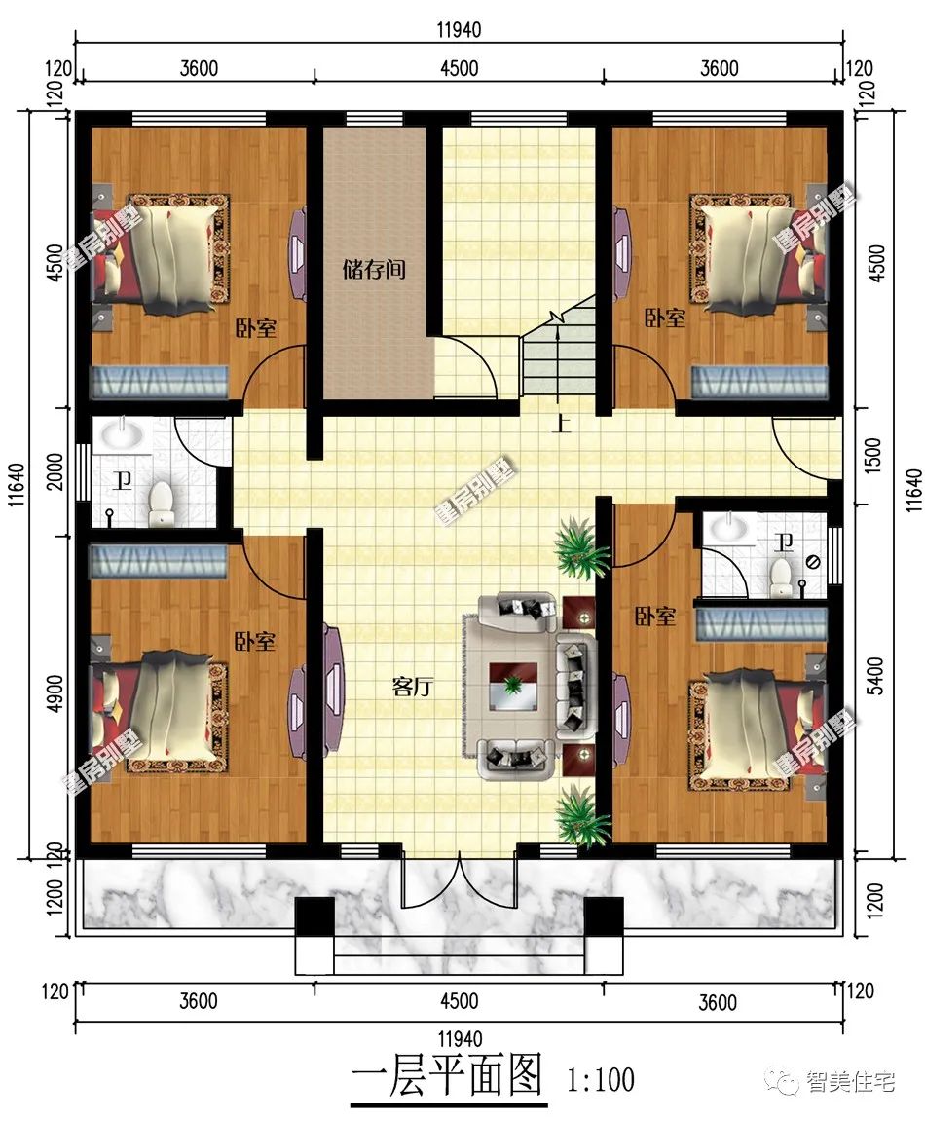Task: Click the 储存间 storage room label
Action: tap(374, 269)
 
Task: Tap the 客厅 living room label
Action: tap(413, 687)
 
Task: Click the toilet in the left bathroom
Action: tap(163, 503)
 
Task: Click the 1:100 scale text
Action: tap(601, 1080)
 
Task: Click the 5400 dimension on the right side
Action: tap(875, 676)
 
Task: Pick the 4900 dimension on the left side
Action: tap(55, 692)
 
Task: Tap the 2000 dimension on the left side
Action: tap(55, 470)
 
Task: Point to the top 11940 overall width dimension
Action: tap(460, 30)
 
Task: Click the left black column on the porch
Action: tap(314, 916)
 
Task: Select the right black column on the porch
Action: tap(604, 916)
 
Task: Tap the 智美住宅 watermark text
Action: tap(850, 1080)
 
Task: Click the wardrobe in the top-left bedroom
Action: tap(158, 382)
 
